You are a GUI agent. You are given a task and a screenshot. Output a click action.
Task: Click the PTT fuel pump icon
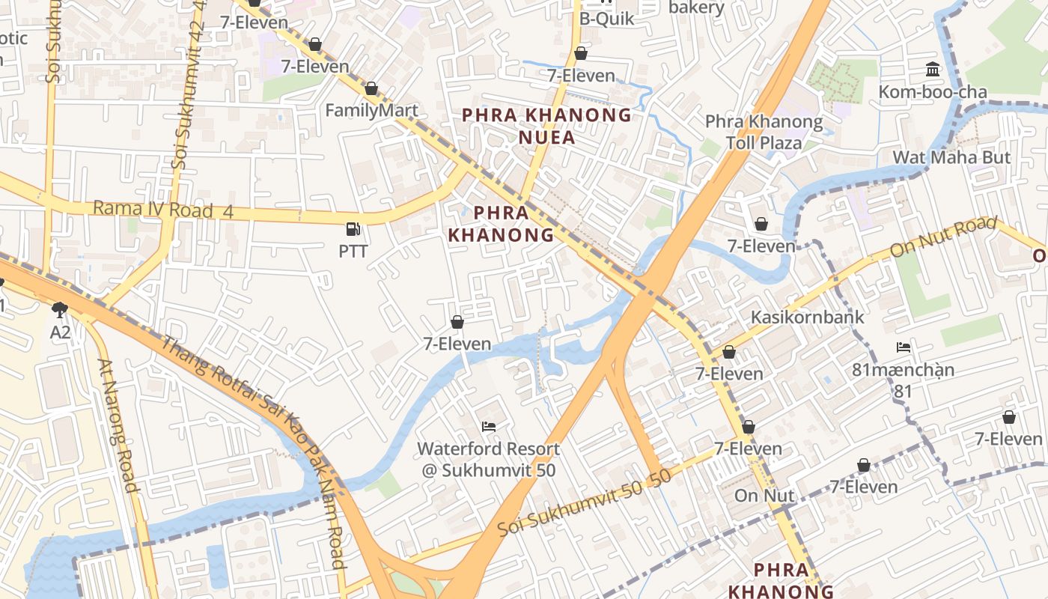(353, 228)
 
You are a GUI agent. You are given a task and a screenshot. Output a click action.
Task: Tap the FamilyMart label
(371, 110)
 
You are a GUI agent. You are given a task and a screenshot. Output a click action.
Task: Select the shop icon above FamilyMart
(371, 89)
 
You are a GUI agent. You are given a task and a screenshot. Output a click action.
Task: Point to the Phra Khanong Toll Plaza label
(764, 132)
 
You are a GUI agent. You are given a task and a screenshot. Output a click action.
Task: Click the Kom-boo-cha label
(932, 92)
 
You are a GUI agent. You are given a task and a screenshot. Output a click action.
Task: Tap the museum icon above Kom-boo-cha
(933, 70)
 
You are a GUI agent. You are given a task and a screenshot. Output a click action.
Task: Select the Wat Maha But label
(951, 157)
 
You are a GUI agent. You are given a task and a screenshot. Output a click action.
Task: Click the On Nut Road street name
(943, 237)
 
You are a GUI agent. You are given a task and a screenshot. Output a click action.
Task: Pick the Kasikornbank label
(807, 317)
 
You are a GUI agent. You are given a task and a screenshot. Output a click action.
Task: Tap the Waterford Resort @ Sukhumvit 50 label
(488, 459)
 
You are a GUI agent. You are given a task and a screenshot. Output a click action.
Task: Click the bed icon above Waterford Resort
(489, 427)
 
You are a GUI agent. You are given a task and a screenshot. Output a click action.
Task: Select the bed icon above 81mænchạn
(904, 347)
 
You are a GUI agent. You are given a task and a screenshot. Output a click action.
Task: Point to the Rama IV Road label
(163, 210)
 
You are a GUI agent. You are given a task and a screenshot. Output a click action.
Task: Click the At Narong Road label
(118, 425)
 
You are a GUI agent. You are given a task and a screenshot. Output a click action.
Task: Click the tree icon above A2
(60, 309)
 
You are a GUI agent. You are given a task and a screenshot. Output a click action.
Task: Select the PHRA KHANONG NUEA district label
(547, 126)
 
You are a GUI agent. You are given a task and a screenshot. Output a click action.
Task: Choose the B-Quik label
(606, 18)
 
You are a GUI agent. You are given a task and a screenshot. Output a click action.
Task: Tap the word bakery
(696, 7)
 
